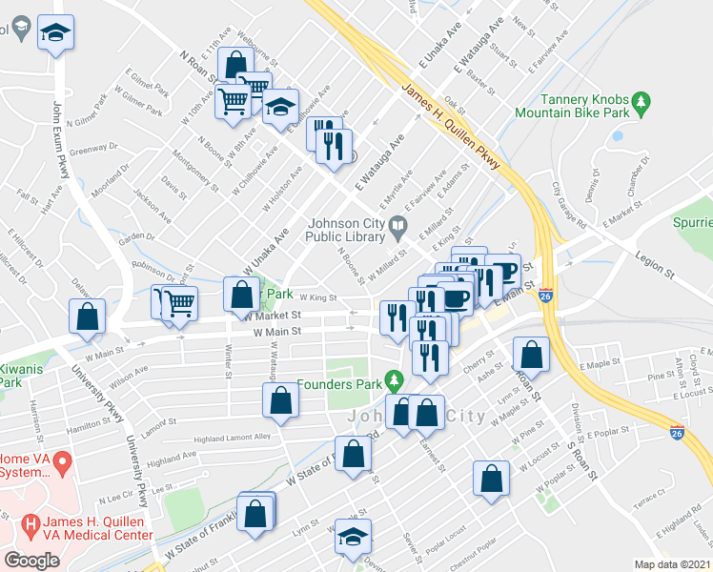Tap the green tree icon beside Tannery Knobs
pyautogui.click(x=642, y=99)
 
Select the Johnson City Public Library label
pyautogui.click(x=348, y=231)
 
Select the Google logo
pyautogui.click(x=31, y=560)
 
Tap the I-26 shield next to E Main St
pyautogui.click(x=545, y=296)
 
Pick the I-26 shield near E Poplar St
pyautogui.click(x=675, y=432)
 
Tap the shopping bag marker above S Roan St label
pyautogui.click(x=531, y=356)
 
